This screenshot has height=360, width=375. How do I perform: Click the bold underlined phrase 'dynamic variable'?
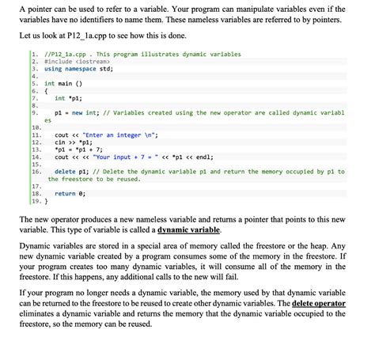(189, 229)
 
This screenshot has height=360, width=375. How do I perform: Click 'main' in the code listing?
(66, 83)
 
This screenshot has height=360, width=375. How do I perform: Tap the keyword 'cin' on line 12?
(60, 142)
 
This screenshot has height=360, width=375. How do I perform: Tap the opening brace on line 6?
(46, 91)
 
